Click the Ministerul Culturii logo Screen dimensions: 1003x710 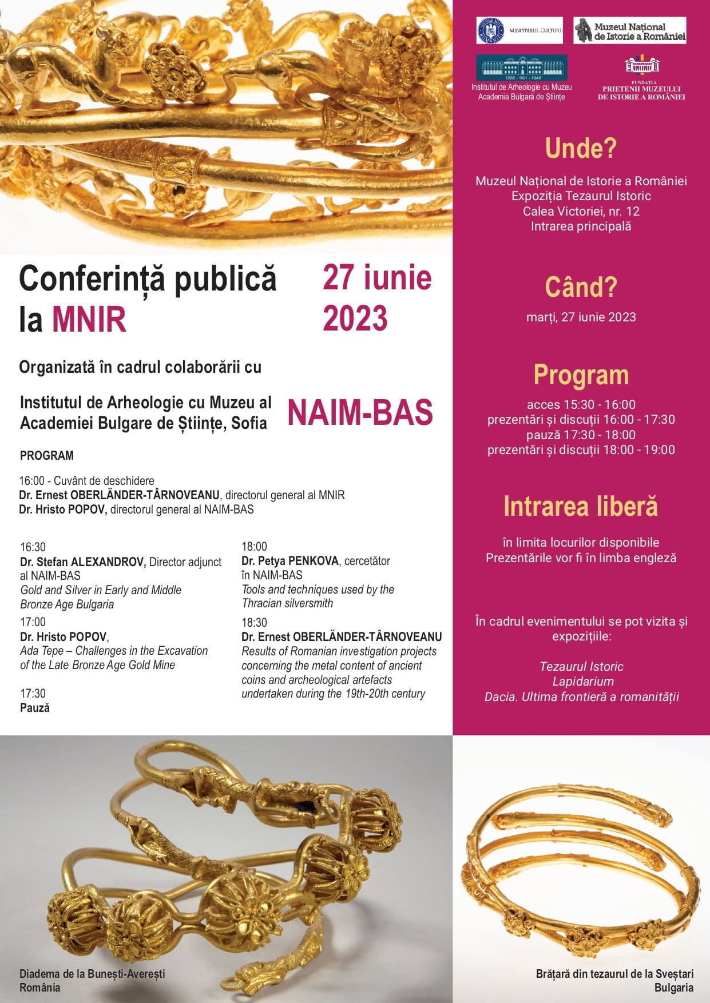(519, 30)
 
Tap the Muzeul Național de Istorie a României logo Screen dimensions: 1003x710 (630, 30)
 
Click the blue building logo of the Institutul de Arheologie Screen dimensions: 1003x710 (521, 68)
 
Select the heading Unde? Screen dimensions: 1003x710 (581, 148)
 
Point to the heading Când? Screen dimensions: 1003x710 (581, 287)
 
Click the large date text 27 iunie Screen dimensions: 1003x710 (377, 278)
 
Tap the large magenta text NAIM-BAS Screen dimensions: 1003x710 (360, 412)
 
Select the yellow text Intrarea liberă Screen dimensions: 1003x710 (581, 507)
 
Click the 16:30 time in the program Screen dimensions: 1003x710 (33, 547)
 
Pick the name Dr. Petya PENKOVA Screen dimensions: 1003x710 (290, 561)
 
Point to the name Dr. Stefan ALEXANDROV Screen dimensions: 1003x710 (83, 562)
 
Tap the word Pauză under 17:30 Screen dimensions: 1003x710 (35, 708)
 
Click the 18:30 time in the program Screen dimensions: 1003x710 (254, 622)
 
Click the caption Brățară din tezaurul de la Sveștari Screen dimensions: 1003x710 (614, 974)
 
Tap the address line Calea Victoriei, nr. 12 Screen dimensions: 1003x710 (581, 211)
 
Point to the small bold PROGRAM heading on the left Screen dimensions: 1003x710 (47, 456)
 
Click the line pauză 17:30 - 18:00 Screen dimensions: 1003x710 (581, 435)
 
